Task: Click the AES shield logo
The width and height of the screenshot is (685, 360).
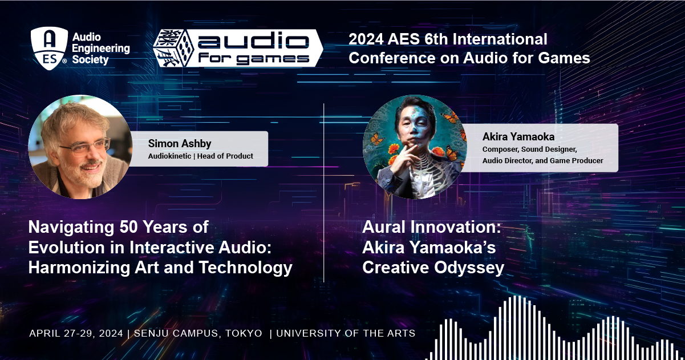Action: pos(49,48)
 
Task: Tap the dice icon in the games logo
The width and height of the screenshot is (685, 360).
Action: pos(173,48)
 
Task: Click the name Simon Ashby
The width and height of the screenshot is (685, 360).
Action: pos(180,143)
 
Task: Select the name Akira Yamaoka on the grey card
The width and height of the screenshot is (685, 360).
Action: pos(518,137)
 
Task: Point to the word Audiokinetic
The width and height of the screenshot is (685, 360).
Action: pos(169,156)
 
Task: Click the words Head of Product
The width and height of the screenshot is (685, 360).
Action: pos(225,156)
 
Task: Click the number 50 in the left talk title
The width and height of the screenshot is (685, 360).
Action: pos(128,227)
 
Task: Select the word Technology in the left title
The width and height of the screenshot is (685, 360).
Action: pos(246,268)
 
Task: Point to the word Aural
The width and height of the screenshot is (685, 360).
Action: pos(384,227)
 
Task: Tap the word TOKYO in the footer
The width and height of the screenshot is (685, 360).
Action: pos(244,333)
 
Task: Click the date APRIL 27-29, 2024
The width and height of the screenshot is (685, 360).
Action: pos(76,333)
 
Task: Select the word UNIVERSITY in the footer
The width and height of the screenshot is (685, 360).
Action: pos(309,333)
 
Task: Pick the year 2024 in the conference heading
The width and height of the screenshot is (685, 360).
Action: pos(366,39)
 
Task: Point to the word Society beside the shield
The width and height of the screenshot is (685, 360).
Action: pos(90,60)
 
